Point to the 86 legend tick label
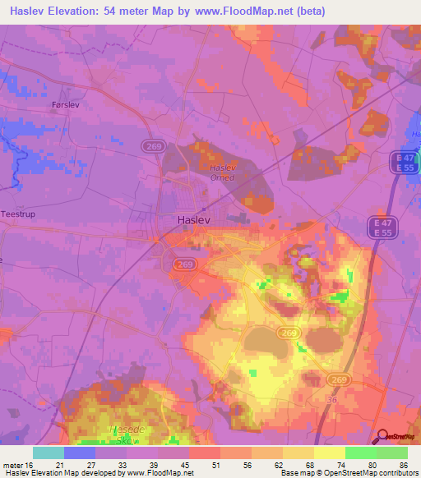(x=402, y=464)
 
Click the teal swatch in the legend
(x=49, y=453)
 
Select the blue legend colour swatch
(x=80, y=453)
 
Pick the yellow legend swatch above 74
(x=329, y=453)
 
